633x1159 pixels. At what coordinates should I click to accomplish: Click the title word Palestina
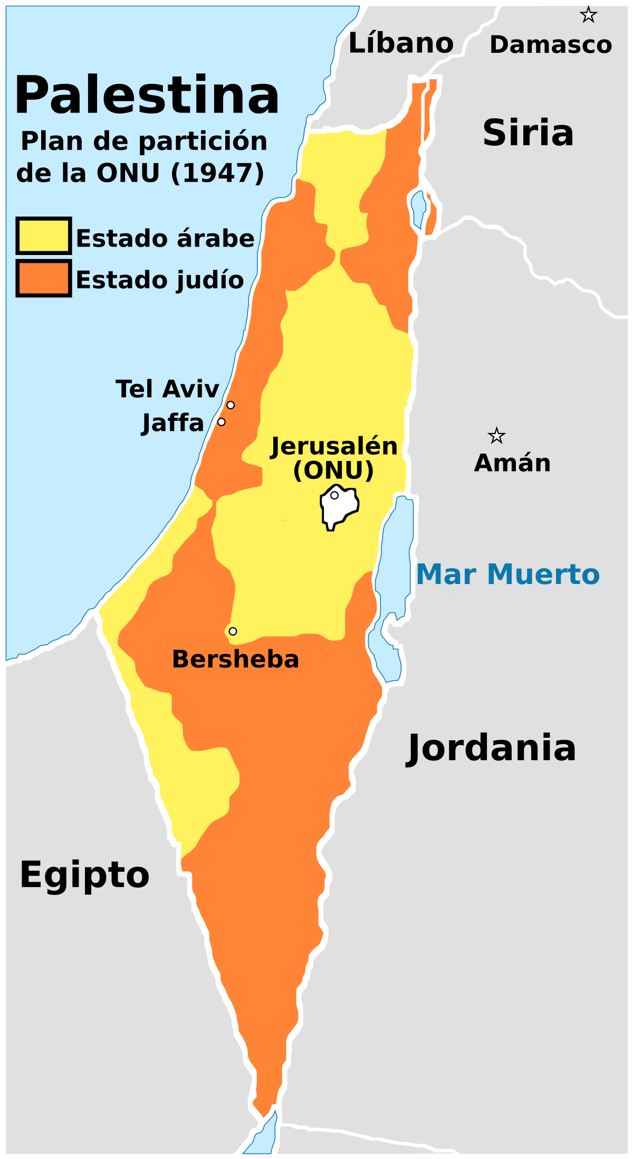pos(147,96)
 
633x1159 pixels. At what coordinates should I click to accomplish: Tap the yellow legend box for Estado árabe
pos(43,236)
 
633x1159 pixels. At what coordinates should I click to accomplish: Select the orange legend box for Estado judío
pos(43,278)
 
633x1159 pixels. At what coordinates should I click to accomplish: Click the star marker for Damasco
pos(588,15)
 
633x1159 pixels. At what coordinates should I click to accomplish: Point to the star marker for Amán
pos(496,436)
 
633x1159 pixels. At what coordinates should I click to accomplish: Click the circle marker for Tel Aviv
pos(231,405)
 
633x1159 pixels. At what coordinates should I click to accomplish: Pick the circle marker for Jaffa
pos(222,422)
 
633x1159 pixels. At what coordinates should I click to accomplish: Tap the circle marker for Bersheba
pos(233,631)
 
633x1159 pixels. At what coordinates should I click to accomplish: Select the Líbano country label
pos(401,43)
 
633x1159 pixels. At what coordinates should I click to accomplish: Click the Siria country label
pos(528,133)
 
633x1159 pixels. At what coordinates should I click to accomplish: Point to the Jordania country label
pos(491,748)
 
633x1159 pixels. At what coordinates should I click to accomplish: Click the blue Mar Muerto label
pos(508,574)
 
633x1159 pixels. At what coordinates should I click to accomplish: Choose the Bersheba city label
pos(235,659)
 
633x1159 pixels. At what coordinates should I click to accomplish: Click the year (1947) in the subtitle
pos(217,173)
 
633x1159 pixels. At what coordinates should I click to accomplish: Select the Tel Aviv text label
pos(167,389)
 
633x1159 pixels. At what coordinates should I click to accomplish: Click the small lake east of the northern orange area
pos(418,208)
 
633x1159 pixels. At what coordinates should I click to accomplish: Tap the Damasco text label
pos(551,45)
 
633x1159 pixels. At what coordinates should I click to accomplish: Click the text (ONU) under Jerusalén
pos(333,470)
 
